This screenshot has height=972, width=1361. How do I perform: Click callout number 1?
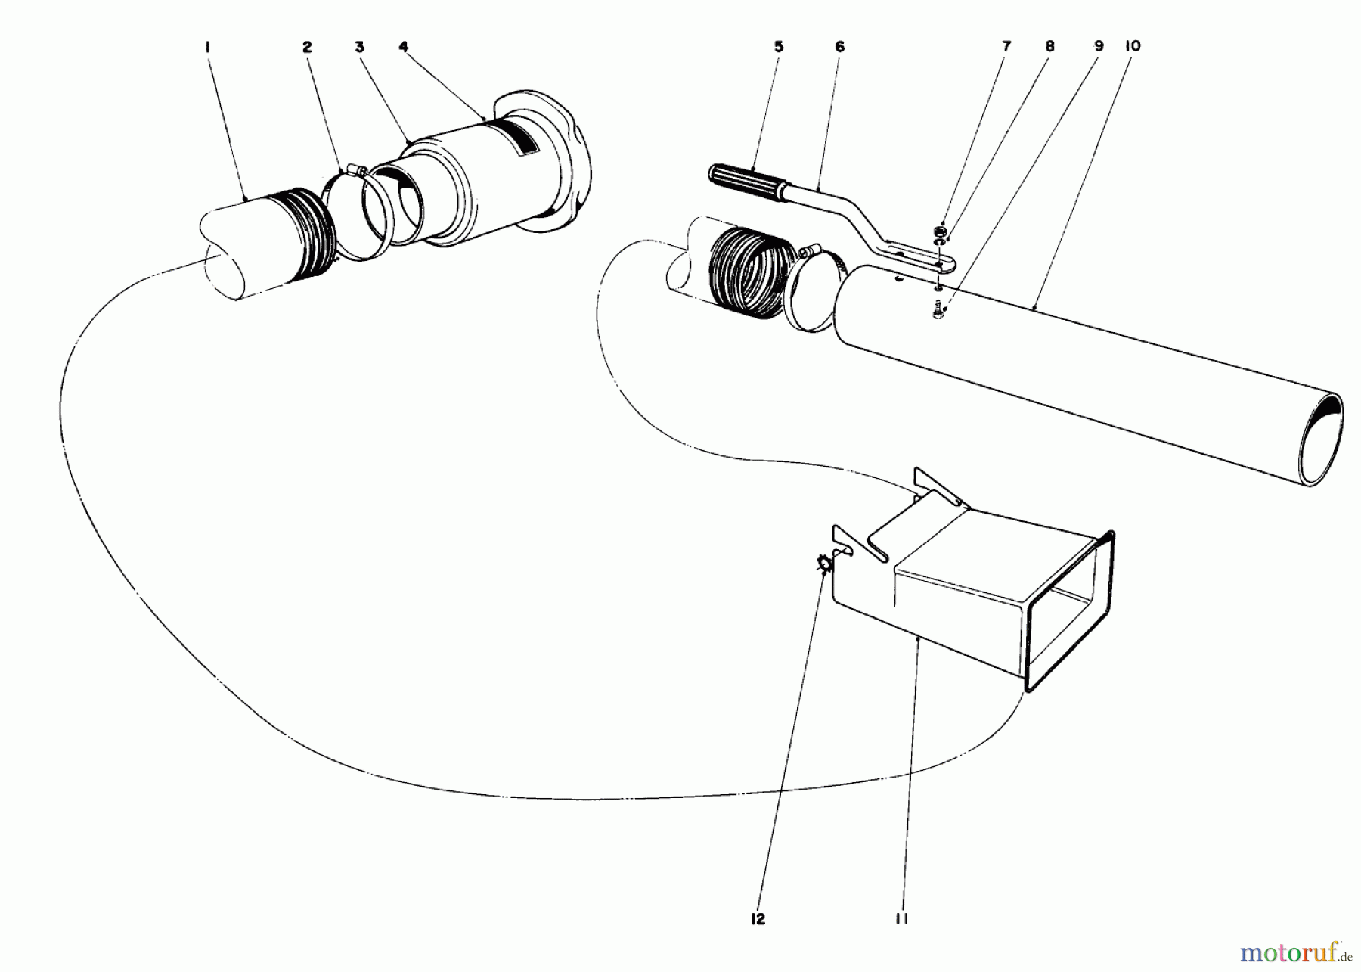206,47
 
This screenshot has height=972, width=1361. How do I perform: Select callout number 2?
306,47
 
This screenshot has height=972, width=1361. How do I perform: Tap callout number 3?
359,47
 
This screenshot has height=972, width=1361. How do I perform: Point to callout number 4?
404,47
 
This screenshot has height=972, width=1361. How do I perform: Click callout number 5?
779,47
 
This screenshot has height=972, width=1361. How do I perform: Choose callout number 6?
839,47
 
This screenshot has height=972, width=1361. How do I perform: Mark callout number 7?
1006,47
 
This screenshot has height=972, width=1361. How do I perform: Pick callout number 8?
1049,47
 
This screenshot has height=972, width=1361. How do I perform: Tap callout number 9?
1099,47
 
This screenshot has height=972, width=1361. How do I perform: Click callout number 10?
1132,47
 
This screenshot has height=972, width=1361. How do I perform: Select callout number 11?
901,918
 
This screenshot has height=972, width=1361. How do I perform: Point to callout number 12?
758,918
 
